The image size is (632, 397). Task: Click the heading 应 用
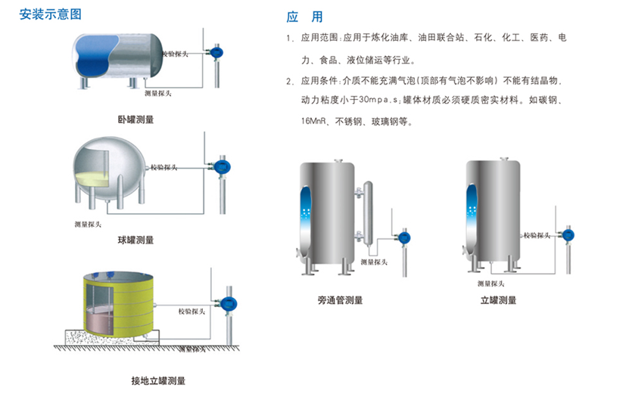(305, 17)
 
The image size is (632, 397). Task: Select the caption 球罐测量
(135, 240)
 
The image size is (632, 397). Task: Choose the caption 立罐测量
(498, 300)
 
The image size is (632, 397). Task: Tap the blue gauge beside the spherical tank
(221, 166)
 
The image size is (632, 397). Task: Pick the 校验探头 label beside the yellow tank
(192, 311)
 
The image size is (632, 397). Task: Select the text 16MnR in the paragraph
(302, 119)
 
